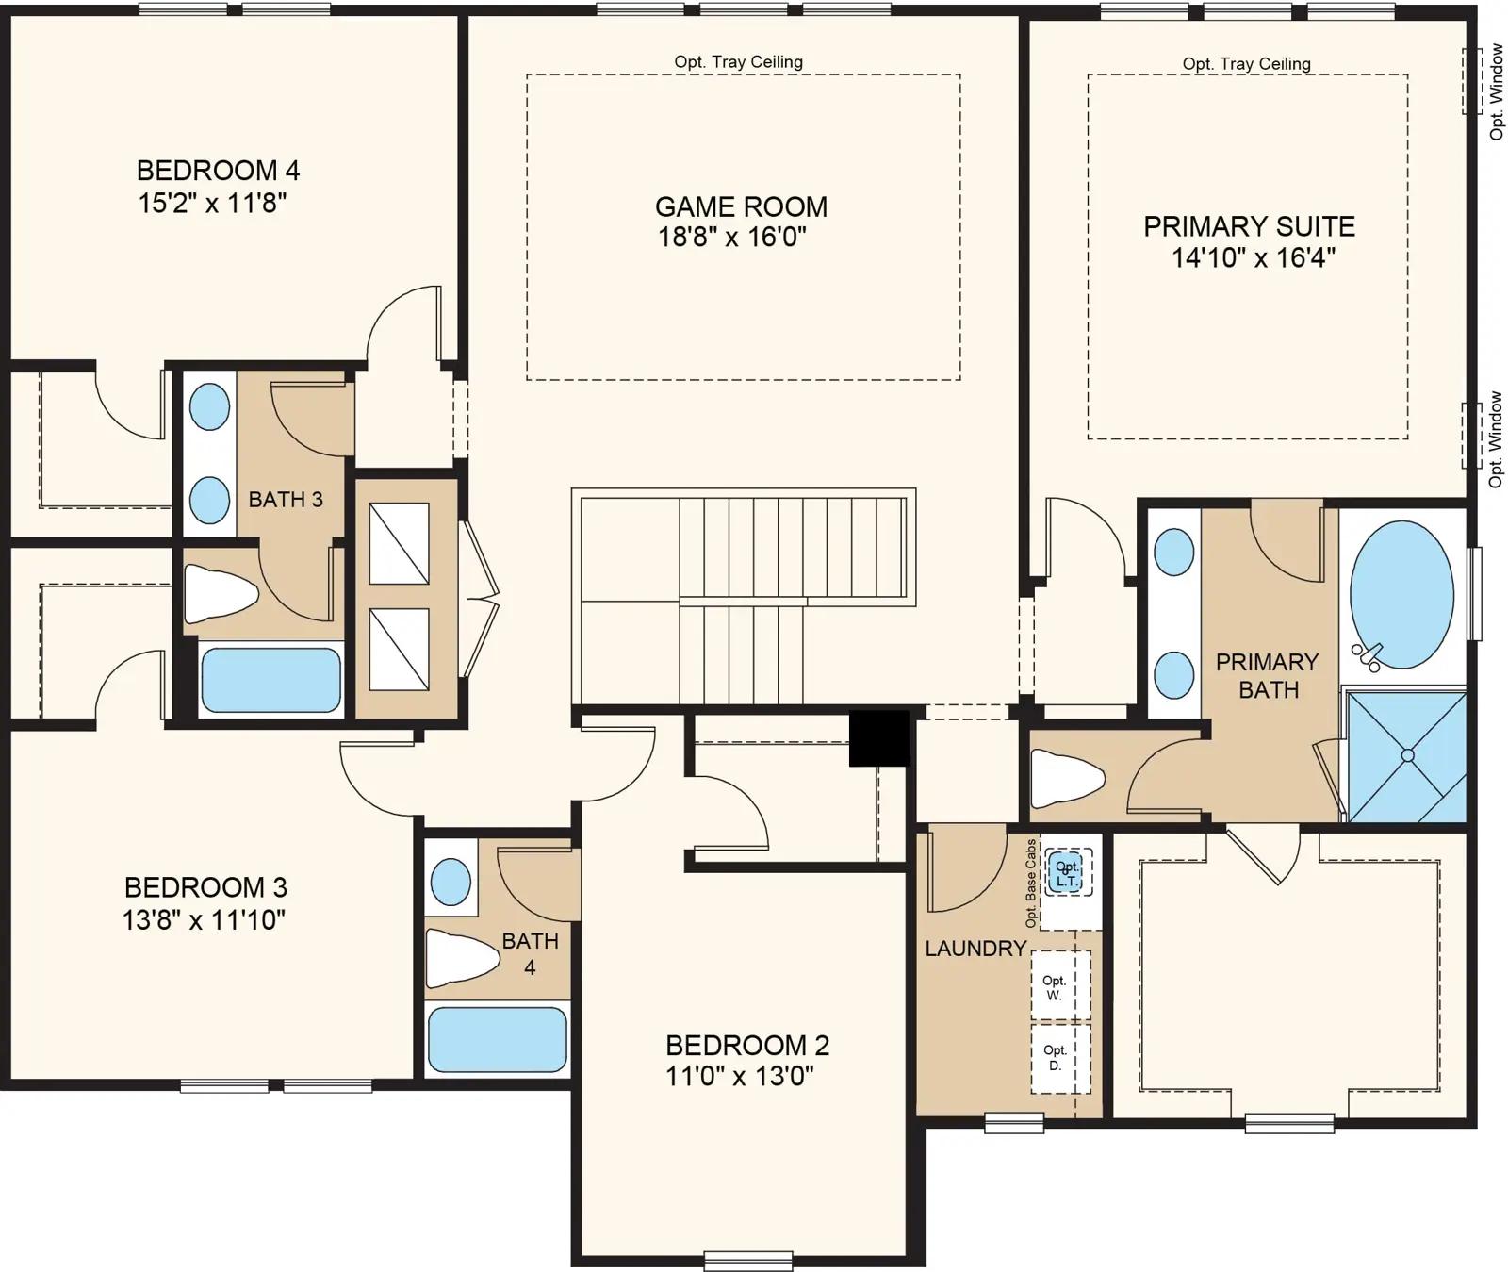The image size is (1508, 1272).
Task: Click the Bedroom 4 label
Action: click(x=218, y=171)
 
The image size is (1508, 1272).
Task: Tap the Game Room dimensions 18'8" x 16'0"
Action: click(x=732, y=236)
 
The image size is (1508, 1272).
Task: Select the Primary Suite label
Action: click(x=1249, y=226)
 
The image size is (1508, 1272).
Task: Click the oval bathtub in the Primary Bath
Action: click(x=1401, y=595)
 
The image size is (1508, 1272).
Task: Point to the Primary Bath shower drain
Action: click(x=1407, y=755)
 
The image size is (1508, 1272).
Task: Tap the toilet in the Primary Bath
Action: click(x=1067, y=778)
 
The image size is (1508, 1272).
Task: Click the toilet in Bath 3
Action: click(x=221, y=594)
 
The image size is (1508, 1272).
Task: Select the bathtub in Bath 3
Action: click(x=271, y=680)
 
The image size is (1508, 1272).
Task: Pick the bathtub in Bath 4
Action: click(x=497, y=1040)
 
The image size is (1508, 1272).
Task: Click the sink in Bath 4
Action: click(x=451, y=882)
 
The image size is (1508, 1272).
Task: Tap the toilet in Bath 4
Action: click(x=462, y=957)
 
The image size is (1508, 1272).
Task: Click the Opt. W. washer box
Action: click(x=1059, y=986)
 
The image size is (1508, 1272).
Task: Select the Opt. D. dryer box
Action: click(x=1059, y=1058)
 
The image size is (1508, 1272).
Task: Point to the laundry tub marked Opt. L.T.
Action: click(x=1067, y=873)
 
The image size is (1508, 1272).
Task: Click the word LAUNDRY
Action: click(x=975, y=949)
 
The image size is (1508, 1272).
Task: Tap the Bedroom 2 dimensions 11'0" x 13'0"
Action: click(x=740, y=1076)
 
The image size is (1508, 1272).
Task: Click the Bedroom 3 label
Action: click(x=205, y=887)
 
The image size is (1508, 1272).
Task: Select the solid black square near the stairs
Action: click(x=879, y=738)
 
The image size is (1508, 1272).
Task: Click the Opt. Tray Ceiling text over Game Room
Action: click(x=739, y=62)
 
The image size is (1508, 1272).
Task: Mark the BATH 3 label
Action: click(x=286, y=500)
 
